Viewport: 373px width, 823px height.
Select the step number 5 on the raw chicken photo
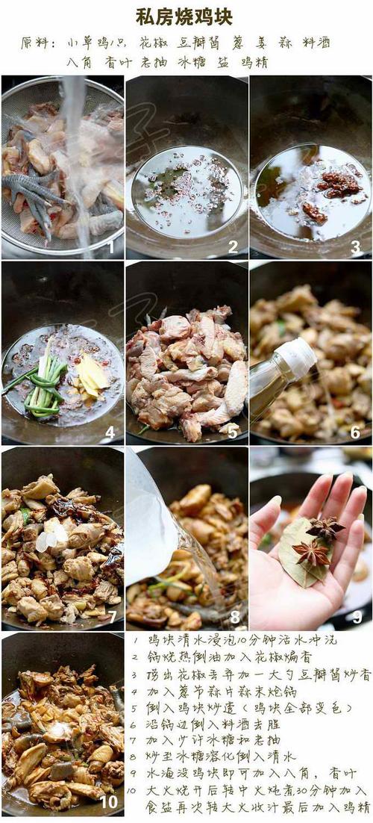click(233, 431)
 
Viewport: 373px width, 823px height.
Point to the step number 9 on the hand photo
click(357, 616)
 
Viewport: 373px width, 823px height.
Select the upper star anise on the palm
click(325, 529)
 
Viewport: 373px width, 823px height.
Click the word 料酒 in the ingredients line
click(316, 43)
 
